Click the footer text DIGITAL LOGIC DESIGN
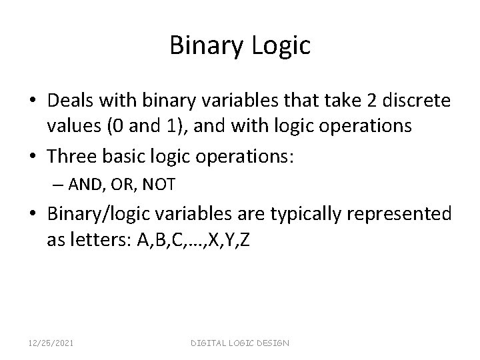click(240, 343)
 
